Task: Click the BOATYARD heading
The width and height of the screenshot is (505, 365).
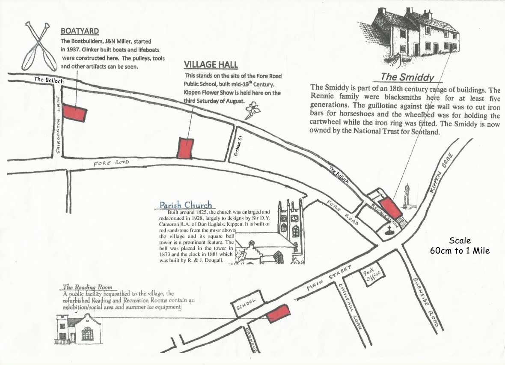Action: tap(80, 31)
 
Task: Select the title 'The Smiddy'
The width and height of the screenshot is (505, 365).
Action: tap(408, 78)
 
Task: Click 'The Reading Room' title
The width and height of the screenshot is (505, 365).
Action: tap(87, 287)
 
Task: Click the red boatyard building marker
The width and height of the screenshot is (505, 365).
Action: tap(75, 112)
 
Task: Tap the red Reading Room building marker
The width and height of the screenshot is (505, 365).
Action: tap(277, 314)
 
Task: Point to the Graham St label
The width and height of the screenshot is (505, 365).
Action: tap(236, 148)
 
